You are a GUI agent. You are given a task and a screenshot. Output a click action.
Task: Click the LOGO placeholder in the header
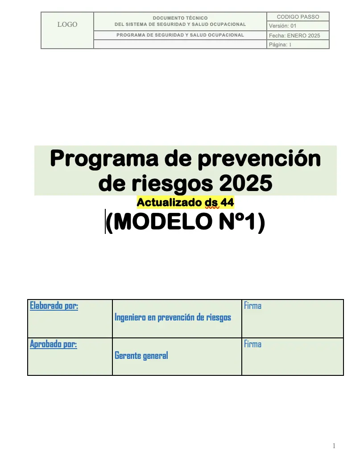[67, 25]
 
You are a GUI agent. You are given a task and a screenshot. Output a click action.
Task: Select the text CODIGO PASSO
[298, 17]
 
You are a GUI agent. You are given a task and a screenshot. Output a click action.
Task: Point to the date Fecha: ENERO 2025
[294, 36]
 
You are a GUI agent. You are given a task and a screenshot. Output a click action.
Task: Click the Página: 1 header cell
[280, 45]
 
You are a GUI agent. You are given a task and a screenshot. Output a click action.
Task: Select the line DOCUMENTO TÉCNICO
[180, 18]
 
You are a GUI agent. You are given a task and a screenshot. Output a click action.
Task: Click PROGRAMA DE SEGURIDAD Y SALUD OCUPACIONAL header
[180, 35]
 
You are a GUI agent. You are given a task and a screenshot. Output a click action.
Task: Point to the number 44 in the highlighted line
[227, 202]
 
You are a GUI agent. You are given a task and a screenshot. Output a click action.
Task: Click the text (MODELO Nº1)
[186, 222]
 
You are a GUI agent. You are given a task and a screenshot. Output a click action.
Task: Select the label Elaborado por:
[54, 306]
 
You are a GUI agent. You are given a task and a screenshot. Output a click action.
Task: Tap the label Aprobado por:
[53, 344]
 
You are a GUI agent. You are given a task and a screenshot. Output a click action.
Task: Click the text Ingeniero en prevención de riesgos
[173, 317]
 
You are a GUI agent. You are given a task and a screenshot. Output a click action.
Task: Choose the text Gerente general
[141, 356]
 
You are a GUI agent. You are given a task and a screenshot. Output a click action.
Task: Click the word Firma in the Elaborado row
[252, 306]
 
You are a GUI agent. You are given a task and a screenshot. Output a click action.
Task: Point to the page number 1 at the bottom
[334, 446]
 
